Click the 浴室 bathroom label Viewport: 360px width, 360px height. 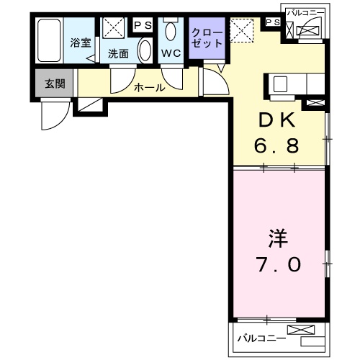click(80, 42)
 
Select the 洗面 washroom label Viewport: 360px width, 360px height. click(117, 53)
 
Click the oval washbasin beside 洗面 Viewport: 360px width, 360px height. click(144, 53)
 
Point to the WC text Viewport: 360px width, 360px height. click(171, 53)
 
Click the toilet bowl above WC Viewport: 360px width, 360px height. click(171, 31)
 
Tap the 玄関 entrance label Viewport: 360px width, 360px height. click(54, 84)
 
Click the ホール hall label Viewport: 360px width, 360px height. click(150, 88)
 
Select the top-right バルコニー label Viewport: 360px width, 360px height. click(306, 13)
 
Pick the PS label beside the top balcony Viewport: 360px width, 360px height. click(272, 23)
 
